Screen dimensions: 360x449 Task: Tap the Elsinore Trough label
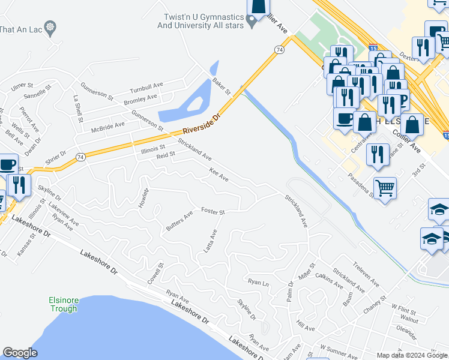pyautogui.click(x=63, y=305)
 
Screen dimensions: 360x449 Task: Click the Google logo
pyautogui.click(x=20, y=353)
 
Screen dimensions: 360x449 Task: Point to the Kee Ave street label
pyautogui.click(x=218, y=175)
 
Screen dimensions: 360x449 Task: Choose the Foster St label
pyautogui.click(x=213, y=211)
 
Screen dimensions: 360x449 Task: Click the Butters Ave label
pyautogui.click(x=179, y=221)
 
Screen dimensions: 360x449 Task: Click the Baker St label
pyautogui.click(x=221, y=87)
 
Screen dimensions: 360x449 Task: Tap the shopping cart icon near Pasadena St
pyautogui.click(x=385, y=188)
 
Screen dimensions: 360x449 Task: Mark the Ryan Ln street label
pyautogui.click(x=258, y=281)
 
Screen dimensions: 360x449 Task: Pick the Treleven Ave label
pyautogui.click(x=366, y=273)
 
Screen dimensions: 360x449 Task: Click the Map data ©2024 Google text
pyautogui.click(x=412, y=355)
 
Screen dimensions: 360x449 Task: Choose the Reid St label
pyautogui.click(x=166, y=155)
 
